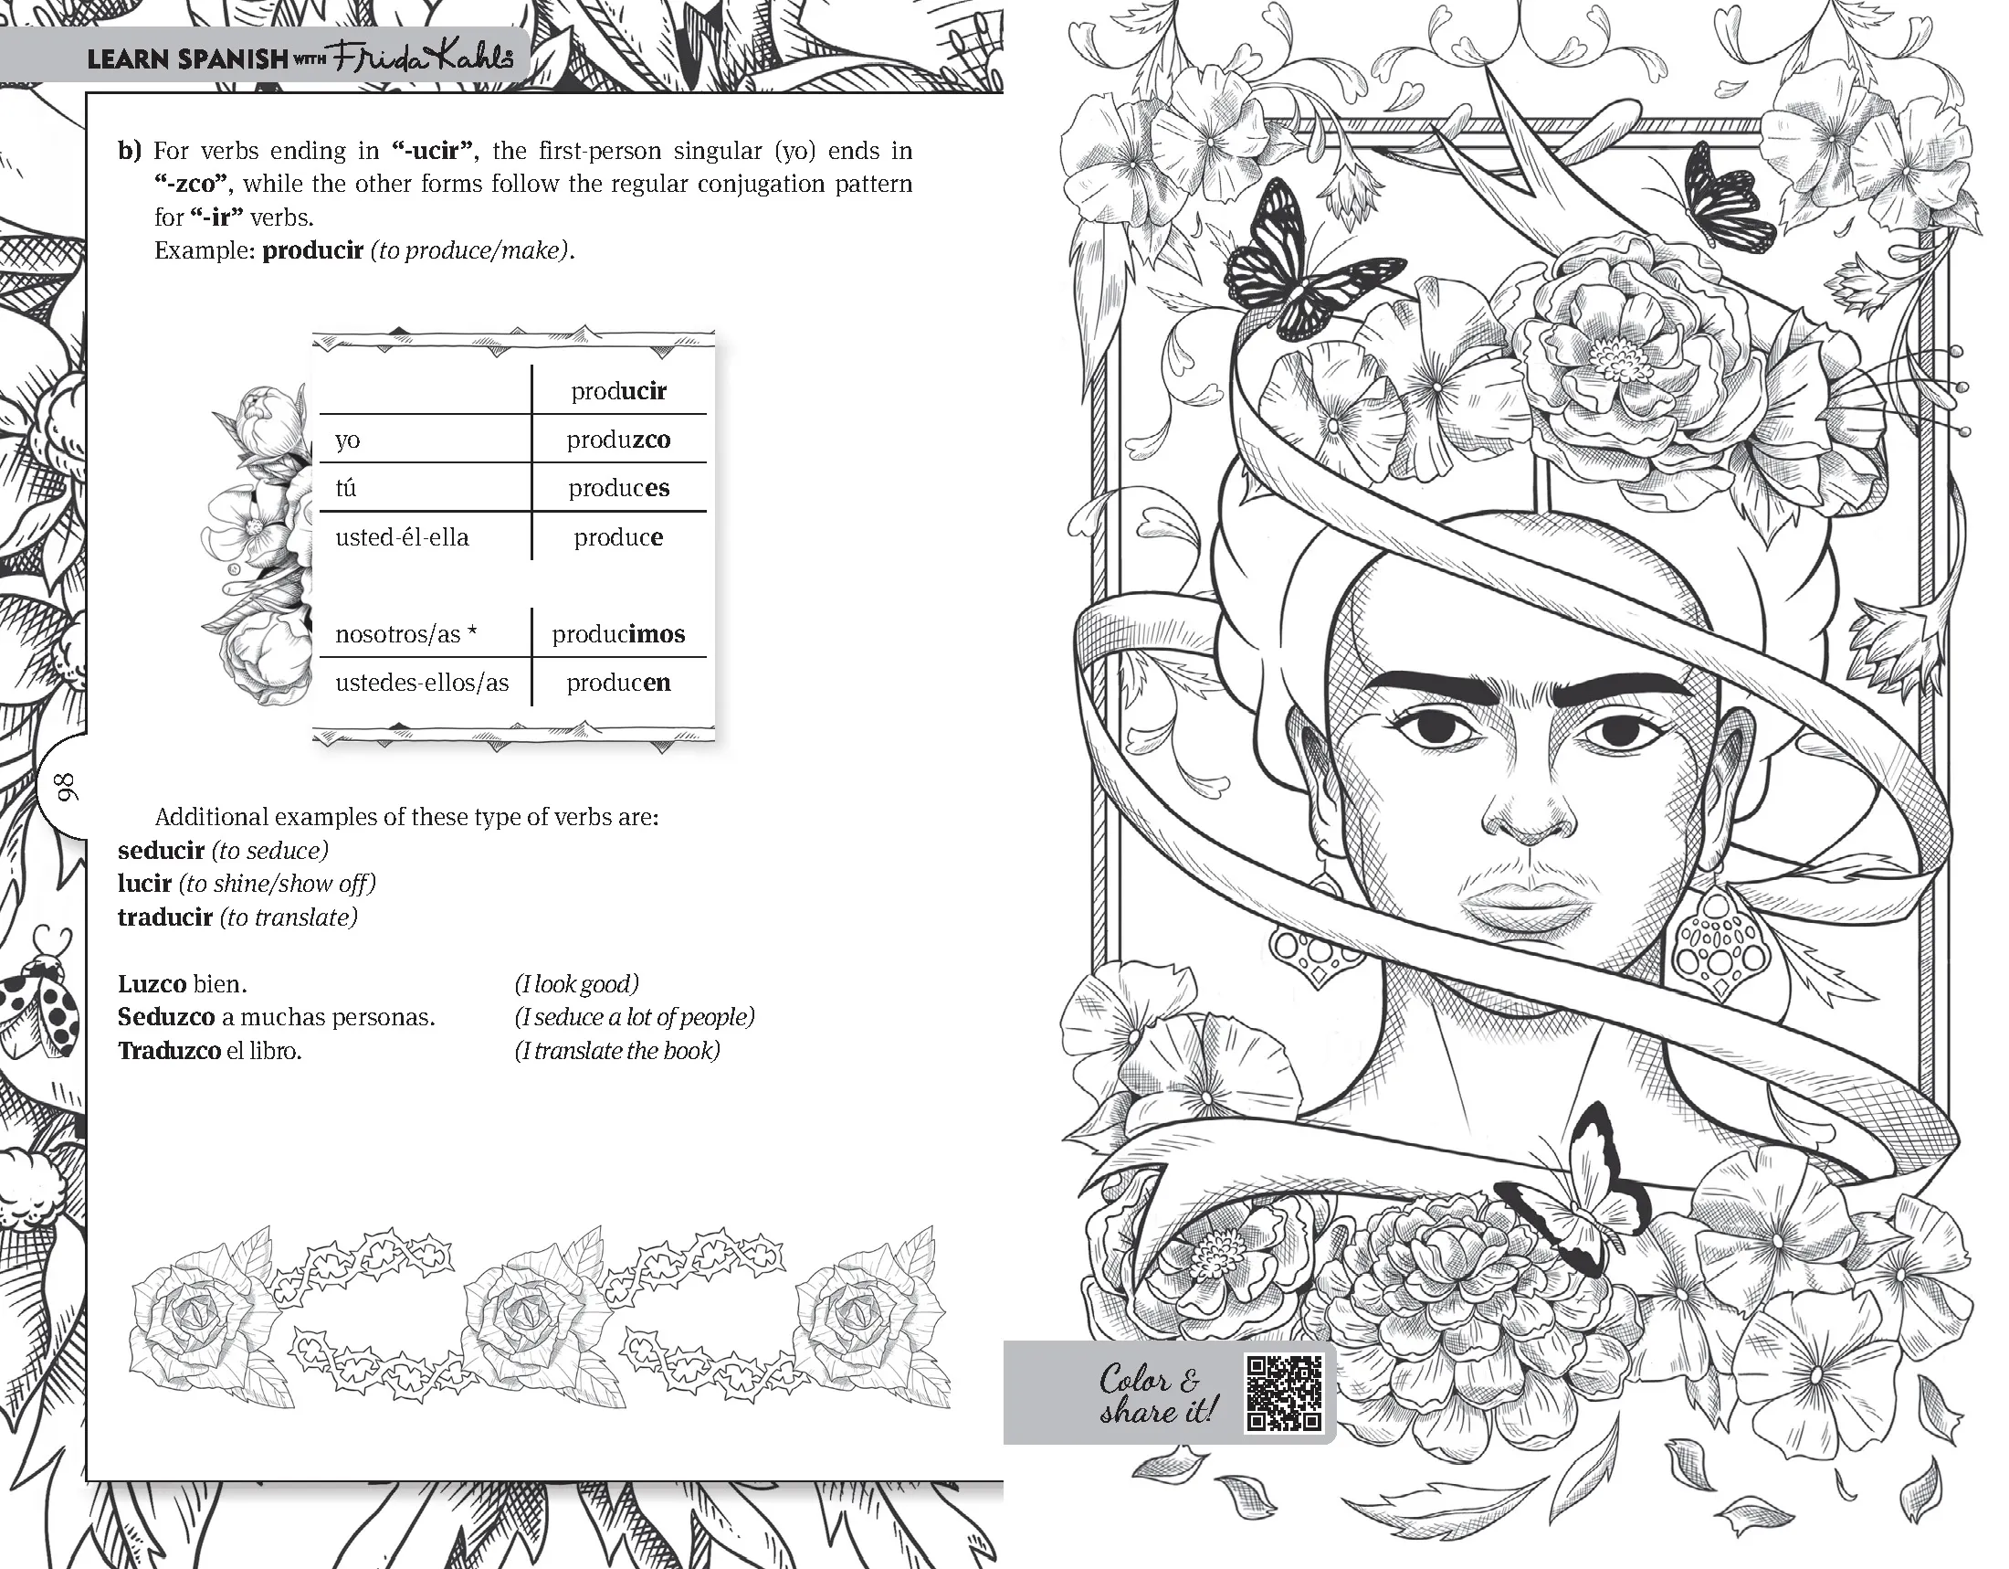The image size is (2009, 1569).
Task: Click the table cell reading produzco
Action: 618,440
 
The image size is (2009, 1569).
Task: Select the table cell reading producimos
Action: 618,634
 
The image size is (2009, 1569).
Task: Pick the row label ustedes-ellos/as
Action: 421,683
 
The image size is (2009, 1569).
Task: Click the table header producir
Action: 618,391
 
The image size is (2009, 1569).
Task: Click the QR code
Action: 1283,1394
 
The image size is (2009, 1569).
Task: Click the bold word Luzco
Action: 152,984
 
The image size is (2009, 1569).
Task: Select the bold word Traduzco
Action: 169,1051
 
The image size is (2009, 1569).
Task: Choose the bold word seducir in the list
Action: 161,851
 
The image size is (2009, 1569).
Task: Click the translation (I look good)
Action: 577,984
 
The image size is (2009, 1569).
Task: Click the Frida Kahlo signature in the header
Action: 422,57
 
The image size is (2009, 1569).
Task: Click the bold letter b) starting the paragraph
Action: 130,150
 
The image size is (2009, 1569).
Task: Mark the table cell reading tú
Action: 346,488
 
